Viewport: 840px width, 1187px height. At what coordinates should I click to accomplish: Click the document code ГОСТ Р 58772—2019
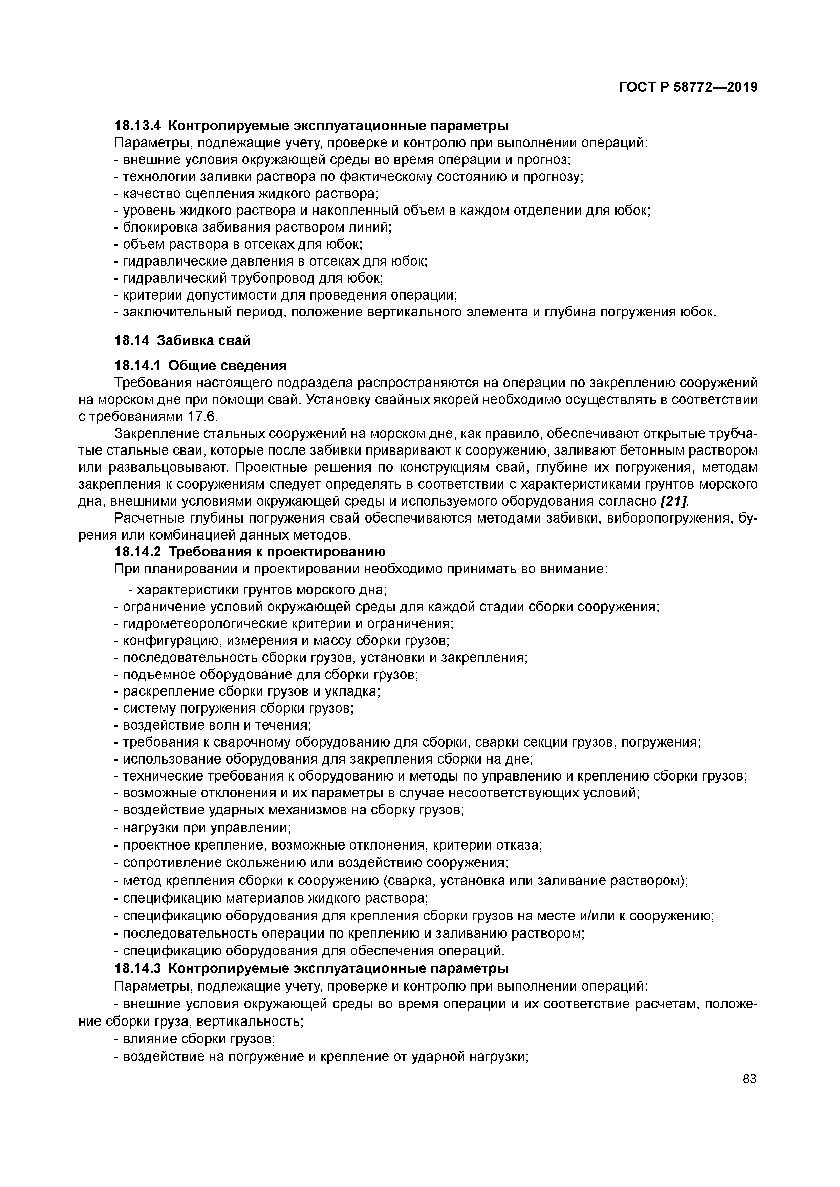click(688, 87)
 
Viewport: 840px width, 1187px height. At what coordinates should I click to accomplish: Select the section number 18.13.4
click(137, 126)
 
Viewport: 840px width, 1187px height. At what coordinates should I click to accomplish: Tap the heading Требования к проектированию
click(277, 552)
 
